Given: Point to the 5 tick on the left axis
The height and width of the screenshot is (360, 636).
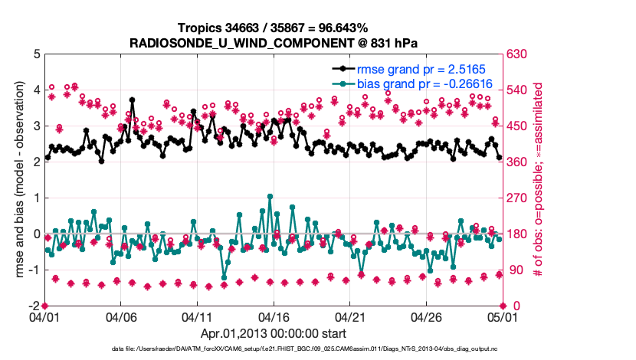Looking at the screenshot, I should pos(36,54).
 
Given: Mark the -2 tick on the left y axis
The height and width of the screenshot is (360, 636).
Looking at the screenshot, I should pos(34,306).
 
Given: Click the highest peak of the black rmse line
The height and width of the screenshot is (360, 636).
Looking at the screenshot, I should pos(133,100).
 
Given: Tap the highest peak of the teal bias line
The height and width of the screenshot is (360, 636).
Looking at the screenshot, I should pos(269,196).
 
